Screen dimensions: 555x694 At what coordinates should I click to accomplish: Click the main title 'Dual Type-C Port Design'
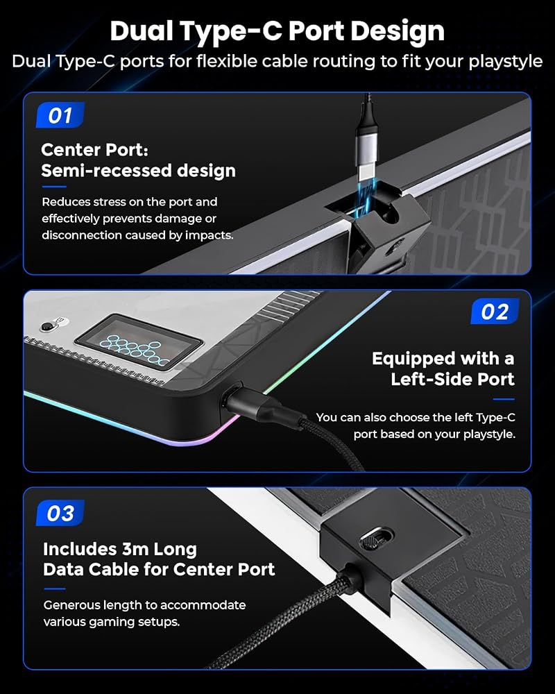coord(277,31)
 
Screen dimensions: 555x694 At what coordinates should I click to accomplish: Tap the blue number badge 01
coord(60,115)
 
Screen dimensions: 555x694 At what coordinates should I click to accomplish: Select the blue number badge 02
coord(495,312)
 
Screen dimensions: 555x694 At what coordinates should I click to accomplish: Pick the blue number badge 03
coord(60,514)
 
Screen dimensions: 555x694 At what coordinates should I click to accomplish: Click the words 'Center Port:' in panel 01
coord(95,150)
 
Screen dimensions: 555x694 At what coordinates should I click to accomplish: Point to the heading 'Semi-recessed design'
coord(139,171)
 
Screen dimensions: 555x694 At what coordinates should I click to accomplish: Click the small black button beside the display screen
coord(46,327)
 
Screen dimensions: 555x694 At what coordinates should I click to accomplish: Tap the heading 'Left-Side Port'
coord(452,379)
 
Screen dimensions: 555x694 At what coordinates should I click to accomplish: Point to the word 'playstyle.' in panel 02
coord(490,434)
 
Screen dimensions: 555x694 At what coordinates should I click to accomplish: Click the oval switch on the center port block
coord(376,539)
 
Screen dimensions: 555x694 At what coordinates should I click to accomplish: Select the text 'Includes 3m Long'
coord(120,549)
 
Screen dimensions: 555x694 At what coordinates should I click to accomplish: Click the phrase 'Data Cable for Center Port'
coord(159,569)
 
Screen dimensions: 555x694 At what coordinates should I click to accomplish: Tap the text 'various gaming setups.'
coord(112,622)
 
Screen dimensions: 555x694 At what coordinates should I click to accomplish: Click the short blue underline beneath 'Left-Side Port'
coord(504,399)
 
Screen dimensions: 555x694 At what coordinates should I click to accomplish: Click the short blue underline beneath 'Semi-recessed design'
coord(54,187)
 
